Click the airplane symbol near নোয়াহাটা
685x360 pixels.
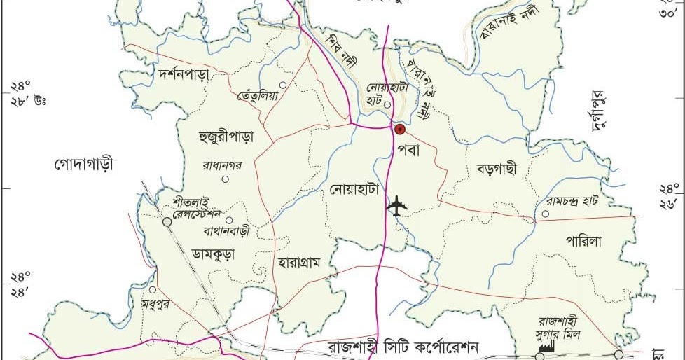[397, 207]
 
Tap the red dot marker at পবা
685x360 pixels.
[399, 129]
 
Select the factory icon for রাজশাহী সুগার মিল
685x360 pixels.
[547, 345]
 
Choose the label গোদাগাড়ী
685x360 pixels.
[83, 165]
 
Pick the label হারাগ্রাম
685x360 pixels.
[298, 263]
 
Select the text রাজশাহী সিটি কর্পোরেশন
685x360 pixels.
[403, 347]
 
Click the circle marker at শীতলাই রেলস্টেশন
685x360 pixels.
[167, 222]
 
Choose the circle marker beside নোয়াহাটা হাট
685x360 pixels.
[387, 104]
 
